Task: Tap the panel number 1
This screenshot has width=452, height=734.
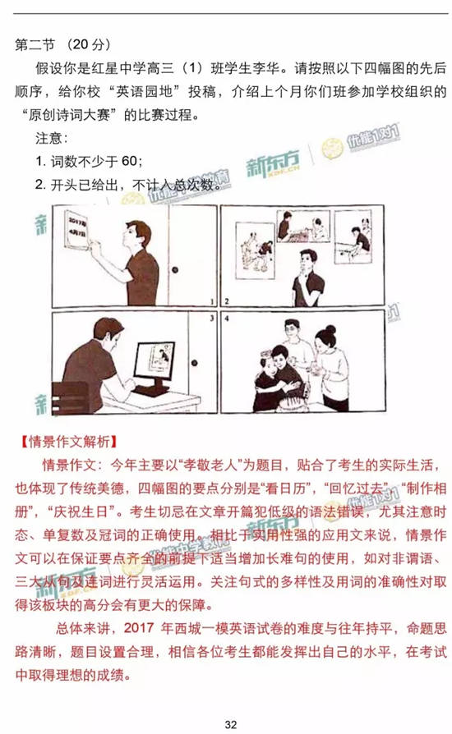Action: [211, 301]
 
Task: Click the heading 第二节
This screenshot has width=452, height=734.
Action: [34, 44]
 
